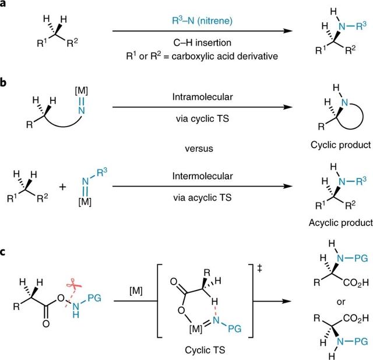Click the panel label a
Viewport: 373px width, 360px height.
3,5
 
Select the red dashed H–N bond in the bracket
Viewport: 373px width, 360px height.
213,303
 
